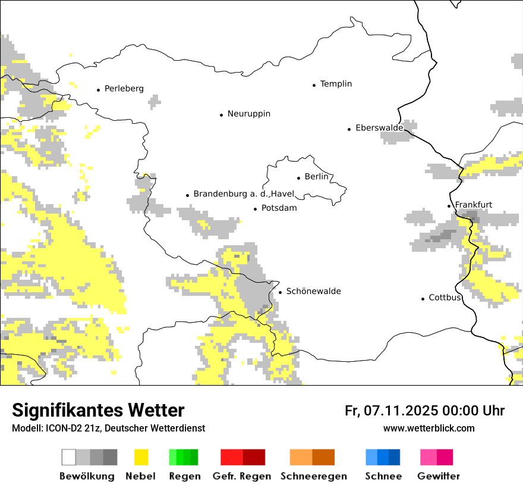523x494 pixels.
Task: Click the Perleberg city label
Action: (124, 89)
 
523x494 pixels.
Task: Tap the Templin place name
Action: (336, 84)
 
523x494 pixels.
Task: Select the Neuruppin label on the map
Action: (248, 114)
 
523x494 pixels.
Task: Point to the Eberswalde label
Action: (379, 128)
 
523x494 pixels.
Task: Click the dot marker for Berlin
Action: (298, 177)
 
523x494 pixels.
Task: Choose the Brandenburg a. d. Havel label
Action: (244, 194)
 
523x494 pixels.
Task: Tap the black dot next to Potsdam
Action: (255, 209)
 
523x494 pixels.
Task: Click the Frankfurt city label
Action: (473, 205)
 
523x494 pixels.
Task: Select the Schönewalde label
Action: (313, 292)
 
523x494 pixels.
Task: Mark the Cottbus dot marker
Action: (423, 298)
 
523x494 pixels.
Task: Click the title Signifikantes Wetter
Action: (98, 410)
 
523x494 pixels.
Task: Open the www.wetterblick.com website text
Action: (429, 428)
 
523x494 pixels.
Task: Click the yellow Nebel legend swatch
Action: (141, 457)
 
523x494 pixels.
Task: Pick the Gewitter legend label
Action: (438, 476)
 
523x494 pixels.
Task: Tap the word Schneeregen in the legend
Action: (313, 476)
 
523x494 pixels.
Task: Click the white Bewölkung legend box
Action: (68, 457)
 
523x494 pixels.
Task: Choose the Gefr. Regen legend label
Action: (241, 476)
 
